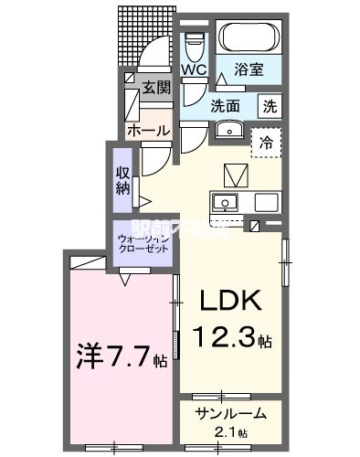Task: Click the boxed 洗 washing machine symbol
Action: [x=270, y=104]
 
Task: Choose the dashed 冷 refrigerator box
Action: [x=267, y=142]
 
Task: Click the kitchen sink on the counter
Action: [x=224, y=202]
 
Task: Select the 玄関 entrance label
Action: [x=156, y=88]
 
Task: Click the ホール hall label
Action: [x=148, y=131]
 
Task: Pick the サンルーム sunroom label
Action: [x=230, y=413]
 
